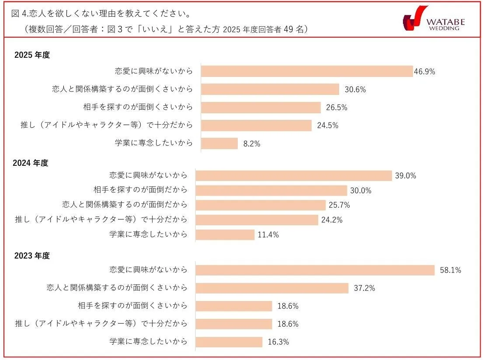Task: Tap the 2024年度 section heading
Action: click(31, 163)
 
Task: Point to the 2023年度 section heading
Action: click(32, 256)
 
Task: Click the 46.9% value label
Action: click(424, 72)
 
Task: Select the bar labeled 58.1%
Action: click(315, 270)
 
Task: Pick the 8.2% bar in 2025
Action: click(219, 143)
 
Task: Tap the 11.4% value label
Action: click(268, 235)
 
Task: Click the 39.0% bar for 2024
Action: click(293, 176)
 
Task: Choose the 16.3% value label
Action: click(278, 342)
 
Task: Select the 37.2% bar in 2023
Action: click(271, 288)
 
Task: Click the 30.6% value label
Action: click(355, 90)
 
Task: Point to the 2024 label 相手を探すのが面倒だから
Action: click(140, 190)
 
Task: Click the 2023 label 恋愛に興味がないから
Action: click(148, 270)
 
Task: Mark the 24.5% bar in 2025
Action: click(256, 126)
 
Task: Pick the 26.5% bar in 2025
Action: click(261, 108)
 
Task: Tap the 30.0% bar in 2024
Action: click(271, 190)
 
